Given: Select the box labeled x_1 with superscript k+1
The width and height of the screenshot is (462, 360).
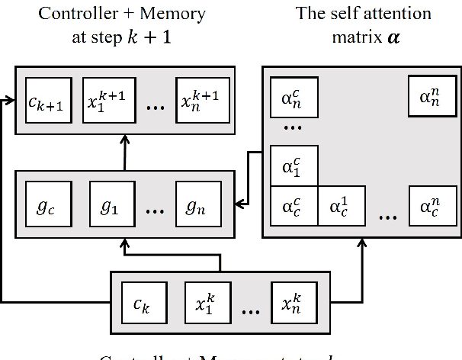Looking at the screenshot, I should click(104, 98).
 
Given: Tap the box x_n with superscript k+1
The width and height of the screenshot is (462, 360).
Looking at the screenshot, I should click(200, 98).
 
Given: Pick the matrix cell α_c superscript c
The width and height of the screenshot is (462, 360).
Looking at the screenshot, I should click(291, 207).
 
